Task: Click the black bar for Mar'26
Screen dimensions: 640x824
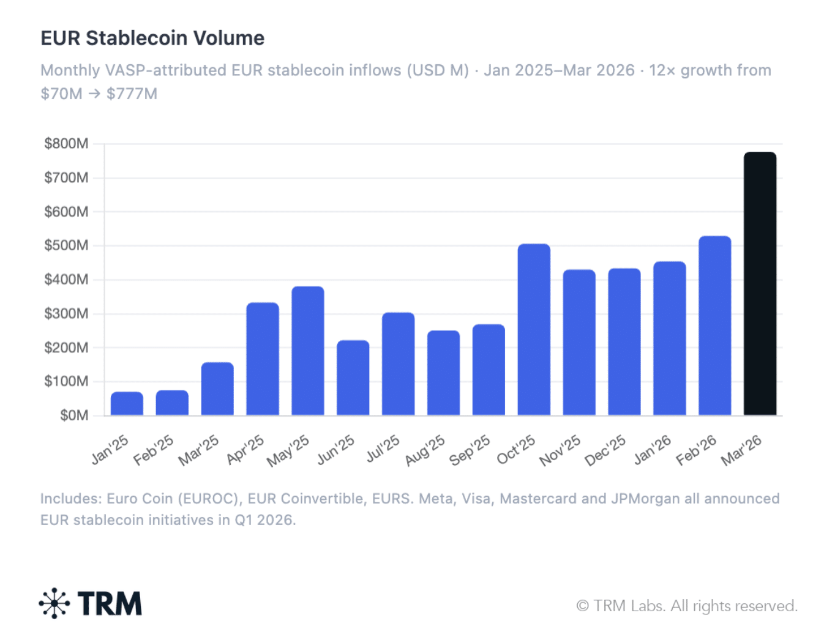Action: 760,284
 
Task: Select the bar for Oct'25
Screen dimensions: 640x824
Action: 534,330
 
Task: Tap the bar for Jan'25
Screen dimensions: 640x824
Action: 127,404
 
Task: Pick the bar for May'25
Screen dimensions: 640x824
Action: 308,351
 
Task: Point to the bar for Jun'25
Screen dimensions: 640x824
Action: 353,378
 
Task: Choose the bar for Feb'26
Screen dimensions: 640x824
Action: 714,326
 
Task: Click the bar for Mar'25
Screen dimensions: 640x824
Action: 217,389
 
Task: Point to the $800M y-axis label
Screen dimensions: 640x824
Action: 66,144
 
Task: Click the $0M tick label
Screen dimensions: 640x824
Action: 74,415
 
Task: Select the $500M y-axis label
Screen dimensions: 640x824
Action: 66,245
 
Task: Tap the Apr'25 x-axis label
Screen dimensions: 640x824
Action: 245,450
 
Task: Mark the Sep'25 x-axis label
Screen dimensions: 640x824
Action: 470,450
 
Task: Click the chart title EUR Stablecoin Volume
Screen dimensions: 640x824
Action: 152,38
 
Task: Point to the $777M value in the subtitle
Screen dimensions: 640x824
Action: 132,94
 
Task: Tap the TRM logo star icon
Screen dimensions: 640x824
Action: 54,603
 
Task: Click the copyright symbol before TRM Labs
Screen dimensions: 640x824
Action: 582,606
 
